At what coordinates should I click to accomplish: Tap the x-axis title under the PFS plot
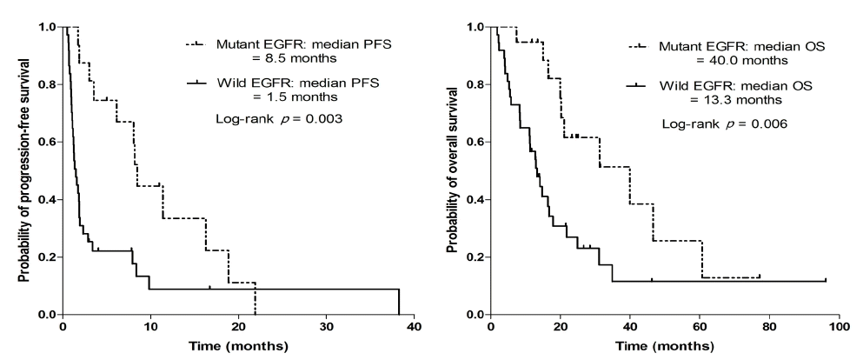238,347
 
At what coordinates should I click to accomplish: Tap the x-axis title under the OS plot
665,347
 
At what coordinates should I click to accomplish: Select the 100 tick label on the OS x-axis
839,326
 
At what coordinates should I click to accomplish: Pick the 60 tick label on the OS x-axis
700,326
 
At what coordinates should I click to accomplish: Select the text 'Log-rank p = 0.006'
724,124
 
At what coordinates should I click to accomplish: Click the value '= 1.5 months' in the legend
301,97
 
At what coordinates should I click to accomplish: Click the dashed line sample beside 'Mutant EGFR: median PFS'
196,44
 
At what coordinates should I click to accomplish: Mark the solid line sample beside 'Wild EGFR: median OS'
636,86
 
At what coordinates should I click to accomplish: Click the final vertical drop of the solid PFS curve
399,302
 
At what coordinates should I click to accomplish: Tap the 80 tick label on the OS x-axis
769,326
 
